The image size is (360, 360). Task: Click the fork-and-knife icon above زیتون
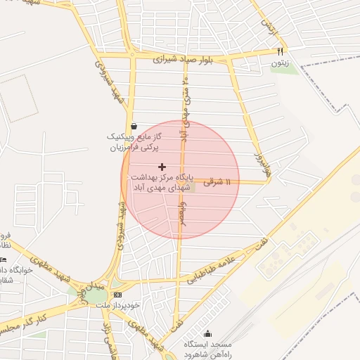pyautogui.click(x=280, y=51)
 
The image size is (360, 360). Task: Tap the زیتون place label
pyautogui.click(x=280, y=63)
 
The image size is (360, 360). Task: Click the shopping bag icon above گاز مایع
pyautogui.click(x=134, y=126)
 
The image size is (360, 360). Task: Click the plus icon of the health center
pyautogui.click(x=162, y=167)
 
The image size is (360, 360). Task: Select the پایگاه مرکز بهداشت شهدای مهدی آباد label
pyautogui.click(x=162, y=183)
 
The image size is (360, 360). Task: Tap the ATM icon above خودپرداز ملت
pyautogui.click(x=117, y=295)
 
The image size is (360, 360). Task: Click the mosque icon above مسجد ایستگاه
pyautogui.click(x=207, y=334)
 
